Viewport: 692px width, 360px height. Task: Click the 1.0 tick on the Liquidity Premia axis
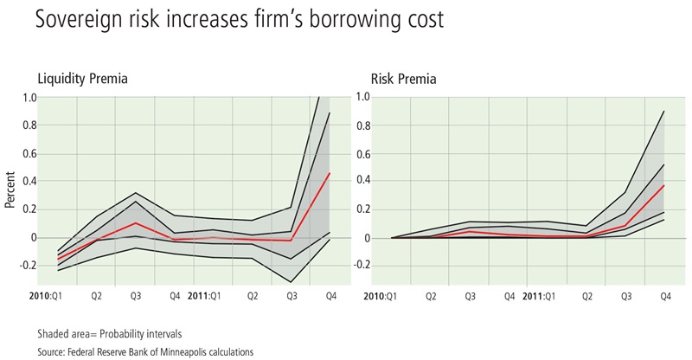click(x=29, y=98)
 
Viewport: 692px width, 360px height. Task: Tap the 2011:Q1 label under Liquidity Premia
click(x=203, y=295)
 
